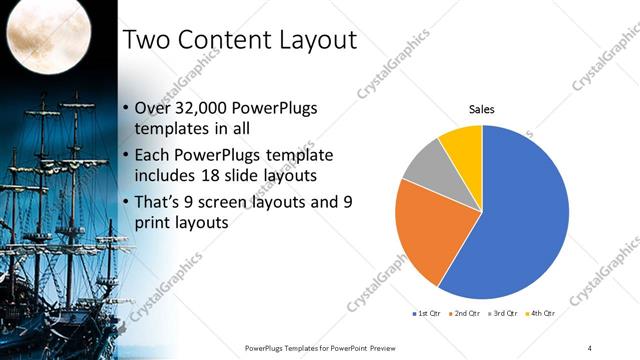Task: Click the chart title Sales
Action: coord(483,110)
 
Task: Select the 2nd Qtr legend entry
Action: coord(465,314)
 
